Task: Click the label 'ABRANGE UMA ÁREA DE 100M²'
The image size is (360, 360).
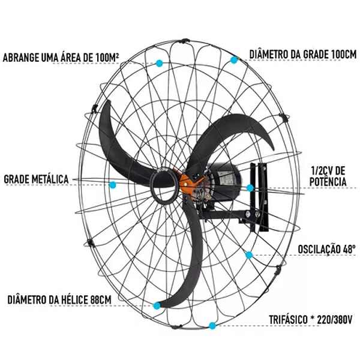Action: pos(61,58)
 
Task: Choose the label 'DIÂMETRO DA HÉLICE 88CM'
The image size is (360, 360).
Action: pos(59,298)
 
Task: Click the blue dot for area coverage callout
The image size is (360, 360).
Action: pos(159,62)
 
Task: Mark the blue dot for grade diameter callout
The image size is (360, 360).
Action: pos(233,59)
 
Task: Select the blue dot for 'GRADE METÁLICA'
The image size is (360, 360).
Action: pos(113,184)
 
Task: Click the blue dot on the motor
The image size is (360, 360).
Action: pos(251,188)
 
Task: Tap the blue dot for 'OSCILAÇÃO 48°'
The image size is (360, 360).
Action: pos(249,254)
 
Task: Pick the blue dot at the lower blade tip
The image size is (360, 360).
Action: pos(157,305)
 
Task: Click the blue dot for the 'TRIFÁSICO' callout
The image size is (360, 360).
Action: pos(212,326)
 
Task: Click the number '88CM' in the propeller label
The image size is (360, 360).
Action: pos(100,298)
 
